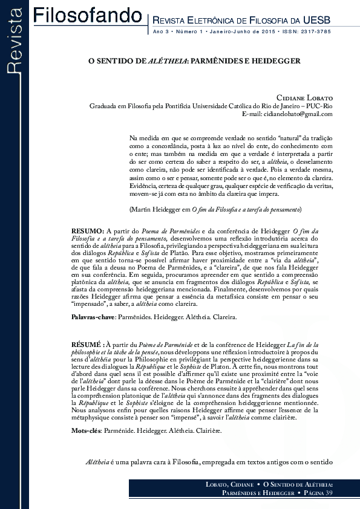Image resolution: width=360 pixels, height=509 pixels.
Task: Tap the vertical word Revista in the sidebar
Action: coord(15,46)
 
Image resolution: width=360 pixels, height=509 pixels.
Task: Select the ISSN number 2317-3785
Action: coord(318,31)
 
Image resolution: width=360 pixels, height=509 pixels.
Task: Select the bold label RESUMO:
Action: coord(88,231)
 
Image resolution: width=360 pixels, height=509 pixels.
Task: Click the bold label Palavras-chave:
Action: coord(93,317)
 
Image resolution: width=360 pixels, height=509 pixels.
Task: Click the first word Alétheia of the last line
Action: coord(99,462)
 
